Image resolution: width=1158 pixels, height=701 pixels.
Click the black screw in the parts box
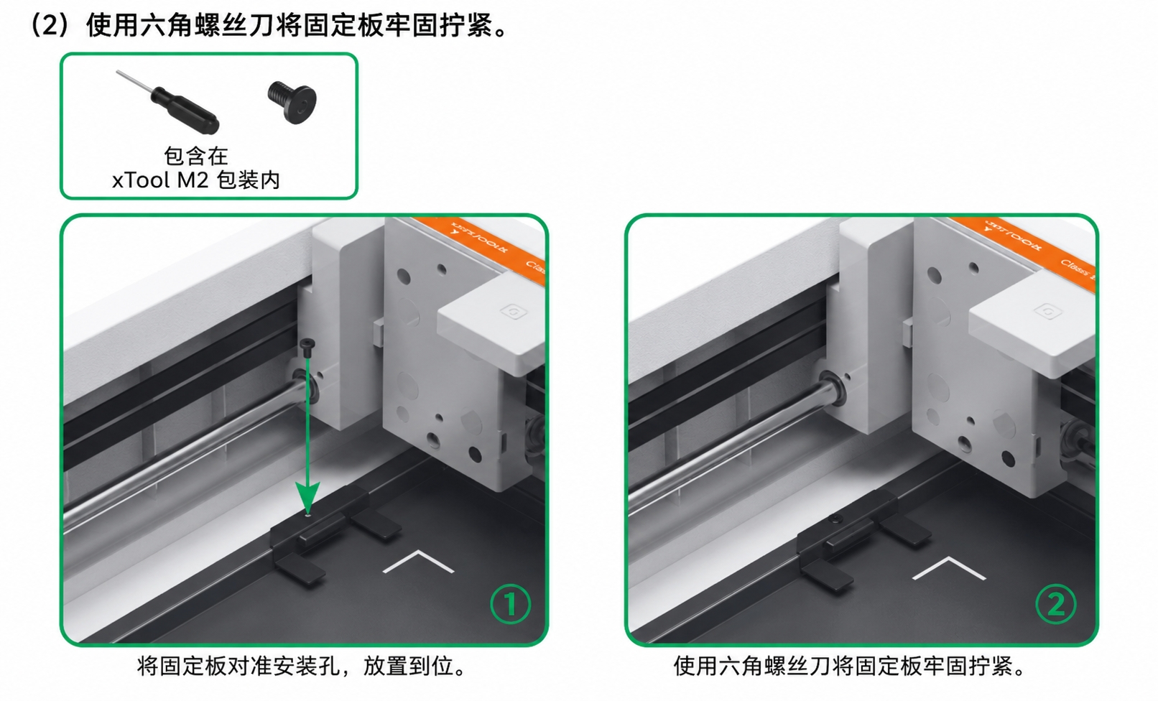tap(292, 102)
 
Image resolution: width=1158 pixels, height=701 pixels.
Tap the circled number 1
tap(510, 604)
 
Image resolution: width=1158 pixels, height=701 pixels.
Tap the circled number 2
tap(1056, 604)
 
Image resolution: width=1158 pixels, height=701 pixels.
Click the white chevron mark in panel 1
tap(418, 562)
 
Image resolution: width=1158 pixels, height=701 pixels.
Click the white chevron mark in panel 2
tap(949, 567)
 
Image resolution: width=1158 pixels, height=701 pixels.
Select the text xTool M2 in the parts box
tap(160, 180)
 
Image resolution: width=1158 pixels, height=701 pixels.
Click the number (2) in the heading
tap(50, 25)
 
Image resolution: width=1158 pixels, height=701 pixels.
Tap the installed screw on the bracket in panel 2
tap(836, 519)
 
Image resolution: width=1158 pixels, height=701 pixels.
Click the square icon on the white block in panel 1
tap(514, 312)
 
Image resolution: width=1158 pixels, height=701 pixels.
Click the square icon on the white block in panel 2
tap(1048, 311)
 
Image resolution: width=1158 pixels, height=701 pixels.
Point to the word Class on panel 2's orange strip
tap(1076, 269)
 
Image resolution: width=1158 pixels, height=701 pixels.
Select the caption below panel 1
tap(302, 667)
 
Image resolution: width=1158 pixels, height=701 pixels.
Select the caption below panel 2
tap(849, 667)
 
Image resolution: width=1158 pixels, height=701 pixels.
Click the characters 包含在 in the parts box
tap(196, 156)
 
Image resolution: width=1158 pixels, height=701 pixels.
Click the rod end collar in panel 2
tap(833, 387)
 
